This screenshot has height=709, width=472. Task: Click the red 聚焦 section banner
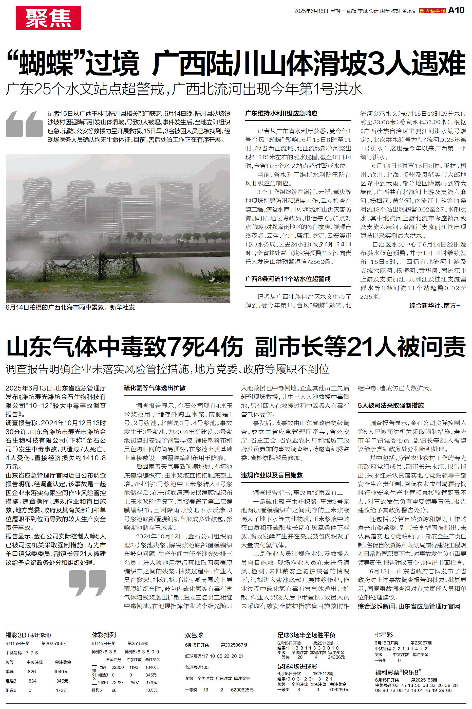click(x=48, y=18)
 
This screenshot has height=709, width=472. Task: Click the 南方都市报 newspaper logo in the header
click(x=432, y=11)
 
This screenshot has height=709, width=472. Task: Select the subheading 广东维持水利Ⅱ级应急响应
click(x=281, y=114)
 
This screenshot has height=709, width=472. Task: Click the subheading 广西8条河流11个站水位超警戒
click(x=288, y=279)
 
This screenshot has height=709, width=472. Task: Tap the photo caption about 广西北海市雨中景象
click(x=70, y=307)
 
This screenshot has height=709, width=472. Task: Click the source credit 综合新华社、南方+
click(x=434, y=305)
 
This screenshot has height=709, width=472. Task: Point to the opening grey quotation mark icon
click(x=24, y=124)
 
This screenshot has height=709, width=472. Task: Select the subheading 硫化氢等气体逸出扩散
click(x=155, y=388)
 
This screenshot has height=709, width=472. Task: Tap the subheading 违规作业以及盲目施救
click(x=272, y=475)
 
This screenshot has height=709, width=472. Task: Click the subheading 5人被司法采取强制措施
click(x=390, y=405)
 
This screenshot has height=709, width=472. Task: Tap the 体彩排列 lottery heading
click(x=104, y=635)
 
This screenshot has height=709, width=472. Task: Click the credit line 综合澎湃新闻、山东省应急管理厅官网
click(x=409, y=606)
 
